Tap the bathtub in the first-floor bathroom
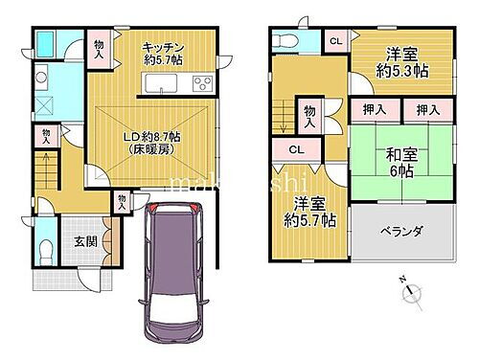click(x=46, y=45)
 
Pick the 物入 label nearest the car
click(x=122, y=201)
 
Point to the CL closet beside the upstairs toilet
click(x=334, y=39)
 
